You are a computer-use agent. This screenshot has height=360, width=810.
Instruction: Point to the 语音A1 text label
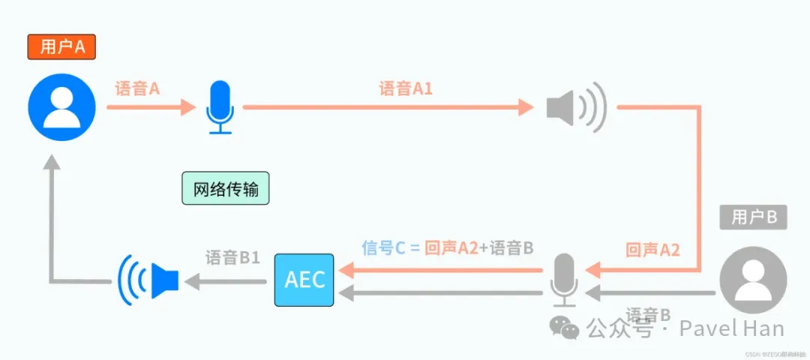click(406, 88)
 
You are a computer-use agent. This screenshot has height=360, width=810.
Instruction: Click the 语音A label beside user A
click(137, 88)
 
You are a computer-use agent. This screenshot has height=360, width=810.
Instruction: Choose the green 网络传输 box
click(226, 189)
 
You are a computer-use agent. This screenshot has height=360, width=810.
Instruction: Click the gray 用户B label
click(753, 217)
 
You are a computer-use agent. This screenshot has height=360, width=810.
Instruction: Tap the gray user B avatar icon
click(753, 280)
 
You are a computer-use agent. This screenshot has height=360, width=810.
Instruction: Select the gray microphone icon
click(563, 280)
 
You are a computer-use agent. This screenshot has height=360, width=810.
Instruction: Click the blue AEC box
click(305, 280)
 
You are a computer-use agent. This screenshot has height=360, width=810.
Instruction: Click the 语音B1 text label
click(232, 257)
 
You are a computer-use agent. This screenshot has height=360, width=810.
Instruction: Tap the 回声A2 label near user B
click(652, 250)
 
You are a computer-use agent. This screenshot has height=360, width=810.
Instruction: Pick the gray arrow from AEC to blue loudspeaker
click(225, 281)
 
